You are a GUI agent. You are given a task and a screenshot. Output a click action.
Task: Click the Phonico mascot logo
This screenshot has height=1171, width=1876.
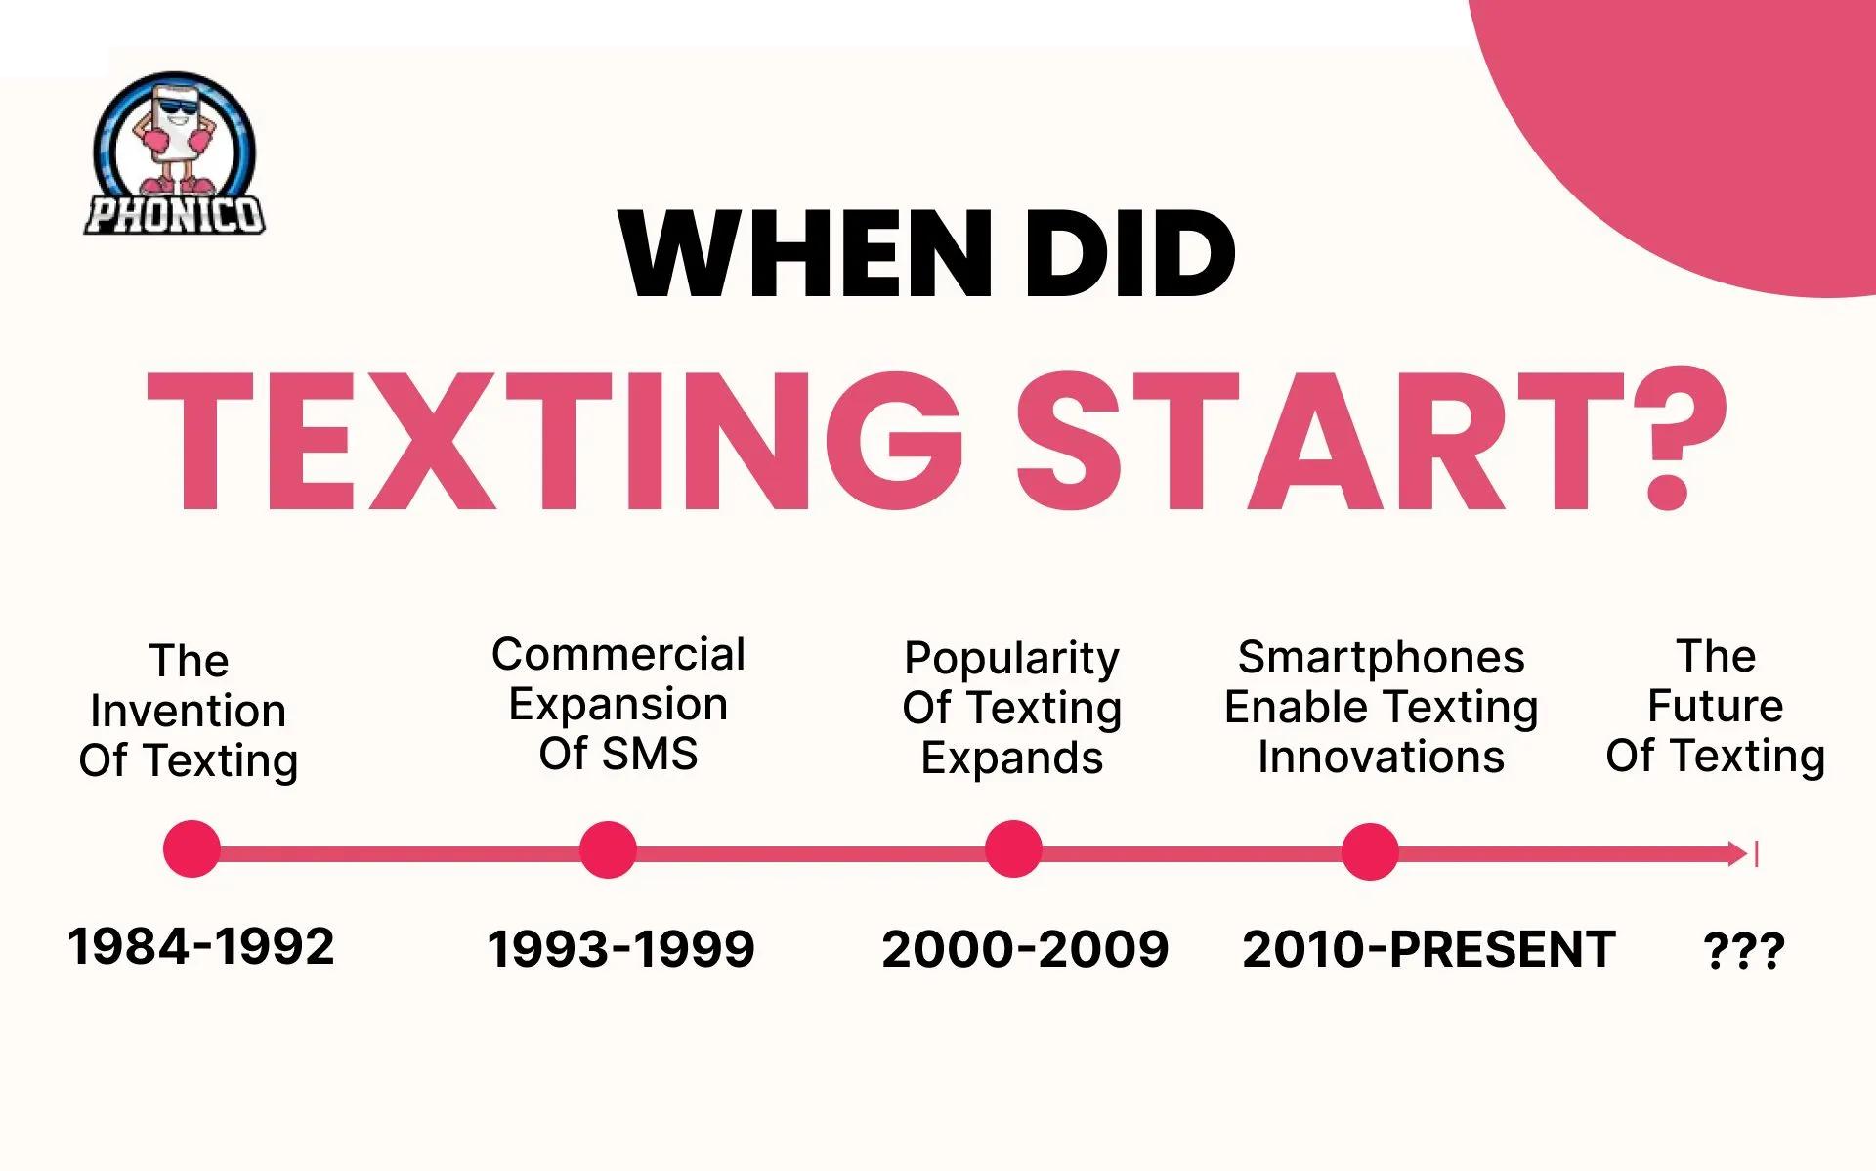[174, 154]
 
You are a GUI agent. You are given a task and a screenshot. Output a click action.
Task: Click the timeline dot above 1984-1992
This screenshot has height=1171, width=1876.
[192, 849]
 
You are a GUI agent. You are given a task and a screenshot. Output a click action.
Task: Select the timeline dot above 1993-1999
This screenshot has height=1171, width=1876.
[608, 849]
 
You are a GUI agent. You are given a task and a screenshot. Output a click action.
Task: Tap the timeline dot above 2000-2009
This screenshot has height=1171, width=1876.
[1013, 849]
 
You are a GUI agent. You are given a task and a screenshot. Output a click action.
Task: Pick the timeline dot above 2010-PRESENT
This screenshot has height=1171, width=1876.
[1370, 850]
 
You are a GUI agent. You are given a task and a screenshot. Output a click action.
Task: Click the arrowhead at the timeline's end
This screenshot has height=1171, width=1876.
[1738, 853]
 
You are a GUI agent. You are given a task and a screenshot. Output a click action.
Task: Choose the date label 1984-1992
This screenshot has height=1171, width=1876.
[201, 946]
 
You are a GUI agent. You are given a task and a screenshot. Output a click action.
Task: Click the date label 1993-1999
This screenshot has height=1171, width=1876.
[621, 949]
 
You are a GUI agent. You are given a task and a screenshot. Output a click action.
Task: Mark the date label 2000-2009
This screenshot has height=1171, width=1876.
[1025, 949]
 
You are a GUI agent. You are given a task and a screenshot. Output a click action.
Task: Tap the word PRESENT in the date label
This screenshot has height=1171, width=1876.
[1502, 949]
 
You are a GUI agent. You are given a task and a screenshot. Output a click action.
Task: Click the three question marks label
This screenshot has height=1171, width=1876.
[1744, 950]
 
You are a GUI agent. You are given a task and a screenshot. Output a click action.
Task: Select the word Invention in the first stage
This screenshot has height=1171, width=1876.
[189, 711]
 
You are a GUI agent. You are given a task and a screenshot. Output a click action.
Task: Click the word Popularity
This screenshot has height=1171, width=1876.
[1011, 658]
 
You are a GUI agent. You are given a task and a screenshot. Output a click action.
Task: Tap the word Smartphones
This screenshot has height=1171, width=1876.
[1381, 657]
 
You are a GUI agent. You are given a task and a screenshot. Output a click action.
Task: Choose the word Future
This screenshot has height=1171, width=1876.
[1715, 705]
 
